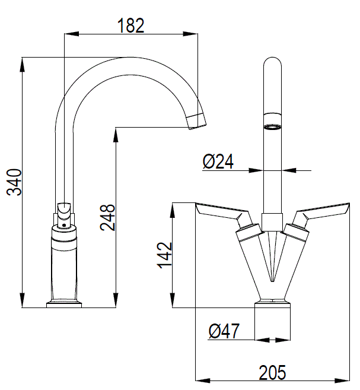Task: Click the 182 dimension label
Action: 130,25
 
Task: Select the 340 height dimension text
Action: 13,182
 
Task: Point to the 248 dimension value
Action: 107,218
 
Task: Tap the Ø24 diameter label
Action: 218,162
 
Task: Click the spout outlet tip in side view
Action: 197,120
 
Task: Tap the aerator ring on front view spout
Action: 272,127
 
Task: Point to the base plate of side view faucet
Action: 64,305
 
